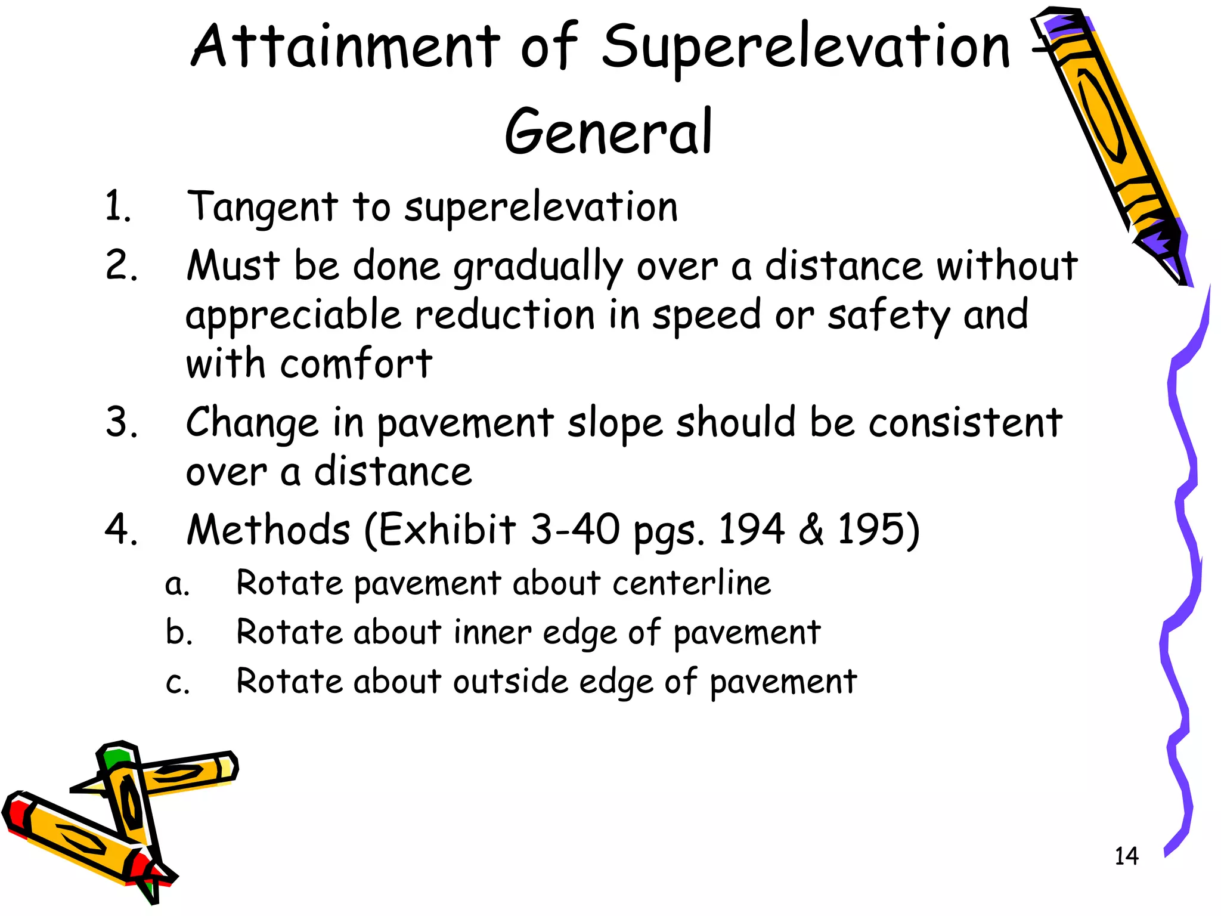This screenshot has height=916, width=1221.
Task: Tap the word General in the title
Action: coord(608,132)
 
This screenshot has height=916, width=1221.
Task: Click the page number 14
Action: coord(1126,856)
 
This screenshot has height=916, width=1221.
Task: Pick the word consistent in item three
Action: coord(965,423)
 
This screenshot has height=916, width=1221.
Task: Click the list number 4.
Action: coord(121,530)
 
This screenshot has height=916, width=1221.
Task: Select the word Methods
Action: coord(268,530)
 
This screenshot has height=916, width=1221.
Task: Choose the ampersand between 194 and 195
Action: coord(811,530)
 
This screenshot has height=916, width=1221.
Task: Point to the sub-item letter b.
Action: coord(178,632)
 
